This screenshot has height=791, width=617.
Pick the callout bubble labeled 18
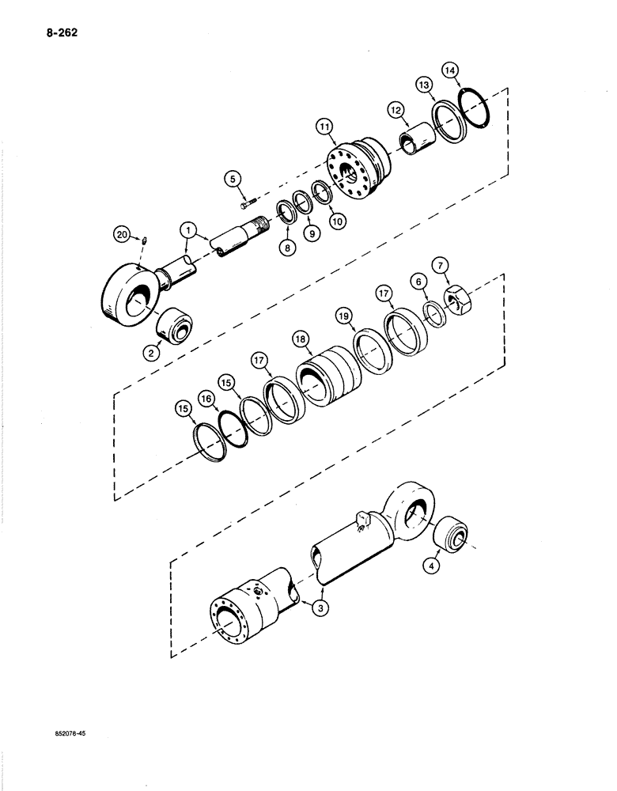point(300,337)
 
